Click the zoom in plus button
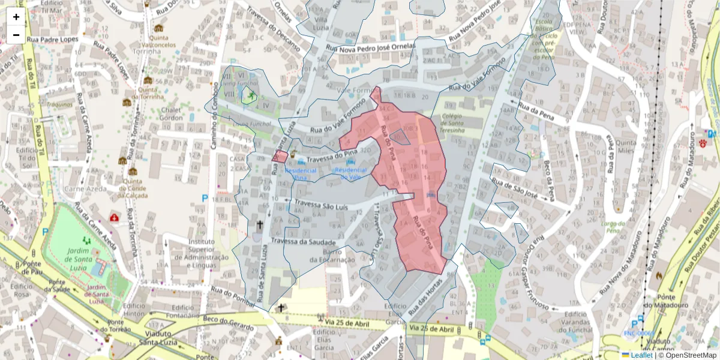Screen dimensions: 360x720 [x=16, y=17]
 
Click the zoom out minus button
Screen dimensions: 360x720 [x=16, y=35]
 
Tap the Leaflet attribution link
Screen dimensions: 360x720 [x=641, y=355]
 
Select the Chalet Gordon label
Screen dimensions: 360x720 [x=171, y=113]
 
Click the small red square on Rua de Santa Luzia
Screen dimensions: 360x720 [x=279, y=157]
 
